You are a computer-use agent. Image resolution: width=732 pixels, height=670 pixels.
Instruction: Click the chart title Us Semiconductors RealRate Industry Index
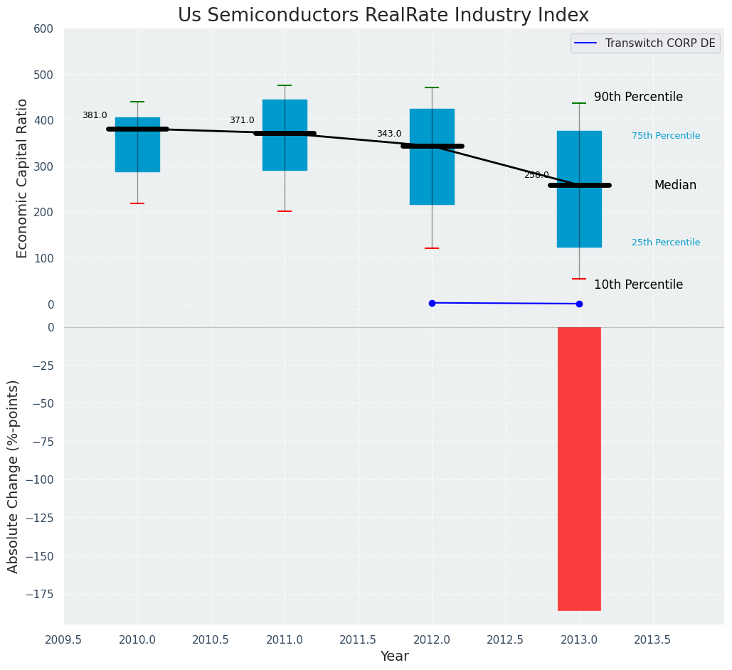point(383,15)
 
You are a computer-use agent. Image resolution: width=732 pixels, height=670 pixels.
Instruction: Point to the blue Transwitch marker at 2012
point(432,303)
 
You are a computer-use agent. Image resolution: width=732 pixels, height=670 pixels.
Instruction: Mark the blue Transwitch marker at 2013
point(579,304)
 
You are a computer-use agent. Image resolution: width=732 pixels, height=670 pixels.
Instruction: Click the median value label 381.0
point(95,115)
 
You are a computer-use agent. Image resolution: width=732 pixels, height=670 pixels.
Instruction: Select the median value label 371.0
point(242,120)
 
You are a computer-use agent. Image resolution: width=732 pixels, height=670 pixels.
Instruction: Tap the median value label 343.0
point(389,134)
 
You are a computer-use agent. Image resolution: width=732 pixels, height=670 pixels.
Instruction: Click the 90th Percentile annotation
point(638,97)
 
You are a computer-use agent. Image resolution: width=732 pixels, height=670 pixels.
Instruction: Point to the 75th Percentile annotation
point(666,136)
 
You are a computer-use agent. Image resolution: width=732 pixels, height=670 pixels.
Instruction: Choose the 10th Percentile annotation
point(638,285)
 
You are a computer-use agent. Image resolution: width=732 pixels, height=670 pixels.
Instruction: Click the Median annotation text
point(675,185)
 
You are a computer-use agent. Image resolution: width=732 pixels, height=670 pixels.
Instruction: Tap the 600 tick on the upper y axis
point(43,29)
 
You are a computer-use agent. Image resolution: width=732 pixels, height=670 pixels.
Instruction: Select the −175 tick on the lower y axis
point(40,595)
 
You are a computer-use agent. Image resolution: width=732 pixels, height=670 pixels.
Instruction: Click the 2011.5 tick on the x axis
point(359,639)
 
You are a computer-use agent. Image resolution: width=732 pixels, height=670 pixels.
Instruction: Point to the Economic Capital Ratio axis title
point(23,178)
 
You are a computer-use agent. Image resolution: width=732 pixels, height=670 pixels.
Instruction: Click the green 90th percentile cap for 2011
point(285,85)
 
